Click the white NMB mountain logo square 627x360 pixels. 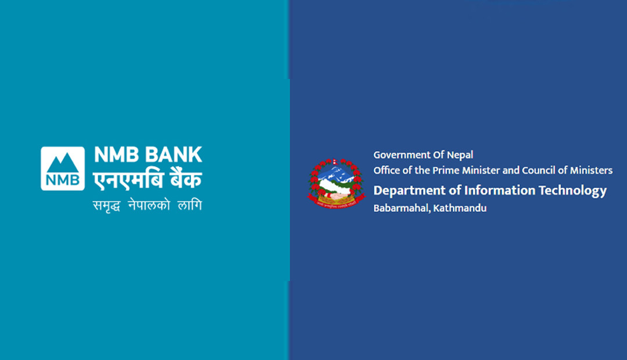(x=63, y=168)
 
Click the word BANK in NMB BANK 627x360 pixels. (x=173, y=155)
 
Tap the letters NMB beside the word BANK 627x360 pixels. (x=116, y=155)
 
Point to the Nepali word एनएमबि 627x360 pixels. (x=128, y=179)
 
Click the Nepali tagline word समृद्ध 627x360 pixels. (x=107, y=206)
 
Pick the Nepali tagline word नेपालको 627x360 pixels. (x=149, y=205)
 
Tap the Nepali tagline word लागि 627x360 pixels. (x=189, y=204)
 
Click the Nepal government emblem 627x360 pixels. (x=336, y=183)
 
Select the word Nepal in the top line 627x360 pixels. (x=460, y=155)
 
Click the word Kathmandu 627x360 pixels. (x=460, y=208)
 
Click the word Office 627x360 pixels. (x=387, y=170)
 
